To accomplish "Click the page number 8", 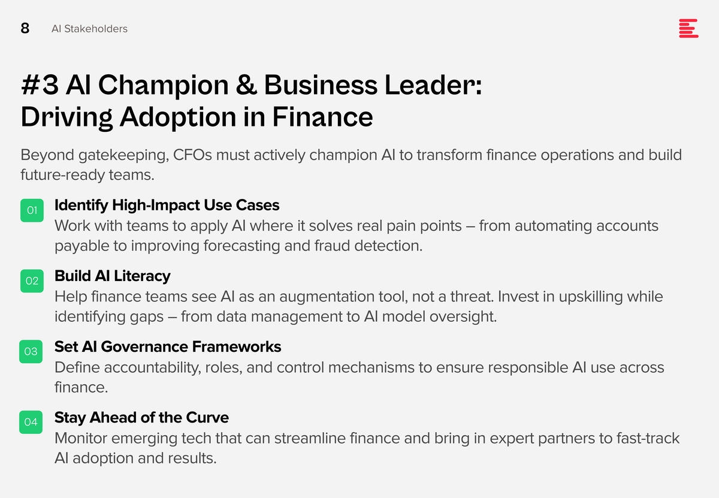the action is tap(25, 28).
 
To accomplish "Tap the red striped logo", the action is tap(688, 28).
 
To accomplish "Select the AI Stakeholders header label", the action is tap(89, 29).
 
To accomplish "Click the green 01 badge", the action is tap(32, 210).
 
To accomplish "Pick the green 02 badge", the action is tap(32, 281).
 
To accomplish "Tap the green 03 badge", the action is tap(31, 352).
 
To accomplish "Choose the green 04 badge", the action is tap(31, 422).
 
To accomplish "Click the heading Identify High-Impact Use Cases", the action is tap(167, 206).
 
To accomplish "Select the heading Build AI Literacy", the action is tap(113, 276).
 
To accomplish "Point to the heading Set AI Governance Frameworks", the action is tap(168, 347).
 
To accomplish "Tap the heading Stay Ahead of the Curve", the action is tap(141, 418).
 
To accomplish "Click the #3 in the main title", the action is tap(40, 85).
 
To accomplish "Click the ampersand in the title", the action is tap(246, 85).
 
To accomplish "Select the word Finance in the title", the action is tap(322, 117).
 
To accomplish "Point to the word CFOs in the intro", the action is tap(192, 155).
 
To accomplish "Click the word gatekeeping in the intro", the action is tap(123, 156).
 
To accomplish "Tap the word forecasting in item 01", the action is tap(241, 246).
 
